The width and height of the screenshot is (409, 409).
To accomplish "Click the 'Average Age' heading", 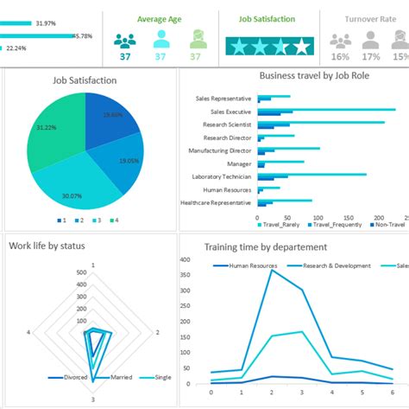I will point(160,19).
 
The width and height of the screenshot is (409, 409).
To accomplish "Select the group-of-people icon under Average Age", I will point(125,41).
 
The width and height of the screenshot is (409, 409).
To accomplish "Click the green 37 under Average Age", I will point(195,57).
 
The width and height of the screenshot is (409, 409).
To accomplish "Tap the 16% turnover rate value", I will point(340,57).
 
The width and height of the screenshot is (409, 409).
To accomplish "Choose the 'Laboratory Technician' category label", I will point(219,176).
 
